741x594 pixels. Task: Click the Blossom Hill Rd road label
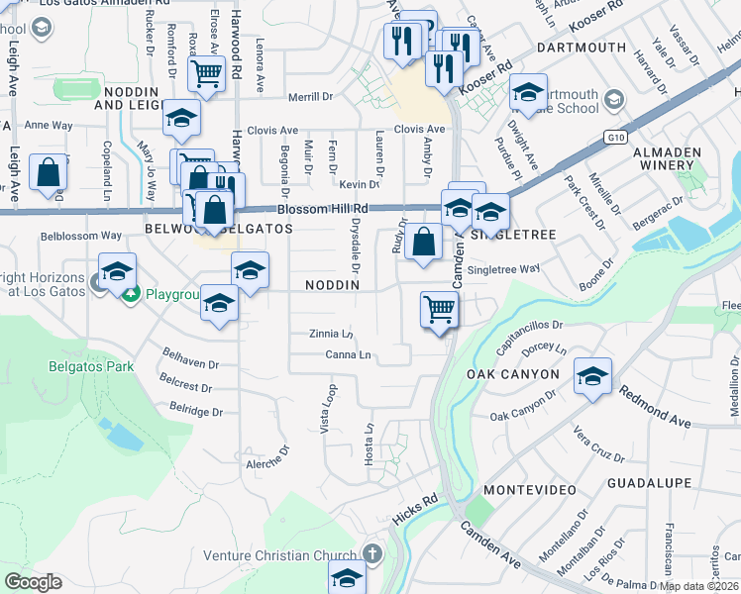[x=322, y=209]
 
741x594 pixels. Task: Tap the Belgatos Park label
[x=91, y=366]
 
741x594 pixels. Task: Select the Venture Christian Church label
[x=278, y=555]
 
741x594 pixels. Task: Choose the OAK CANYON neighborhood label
[x=512, y=375]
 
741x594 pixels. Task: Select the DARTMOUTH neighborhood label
[x=581, y=48]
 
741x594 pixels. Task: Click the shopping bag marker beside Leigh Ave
[x=48, y=172]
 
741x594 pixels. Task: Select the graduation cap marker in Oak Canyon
[x=592, y=376]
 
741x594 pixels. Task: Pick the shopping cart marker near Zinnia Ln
[x=439, y=309]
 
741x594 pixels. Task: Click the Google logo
[x=33, y=582]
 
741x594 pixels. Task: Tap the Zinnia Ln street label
[x=331, y=335]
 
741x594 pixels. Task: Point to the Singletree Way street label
[x=503, y=269]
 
